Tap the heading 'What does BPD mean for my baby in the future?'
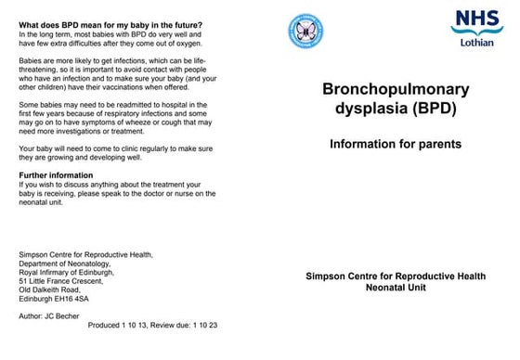[110, 24]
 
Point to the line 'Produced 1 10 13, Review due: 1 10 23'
[153, 327]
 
